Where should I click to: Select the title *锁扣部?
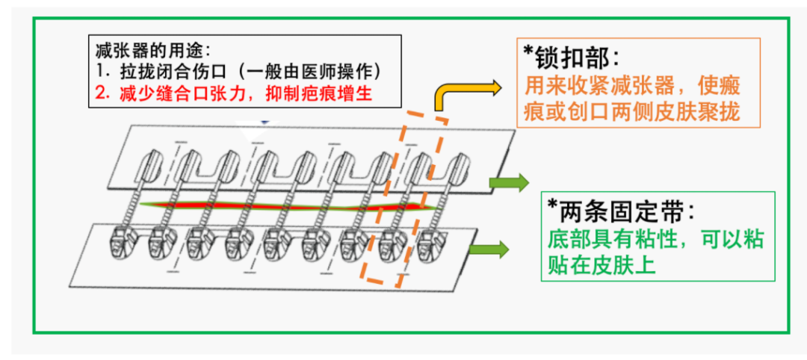[x=570, y=58]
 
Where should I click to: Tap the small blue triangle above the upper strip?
[x=262, y=121]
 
